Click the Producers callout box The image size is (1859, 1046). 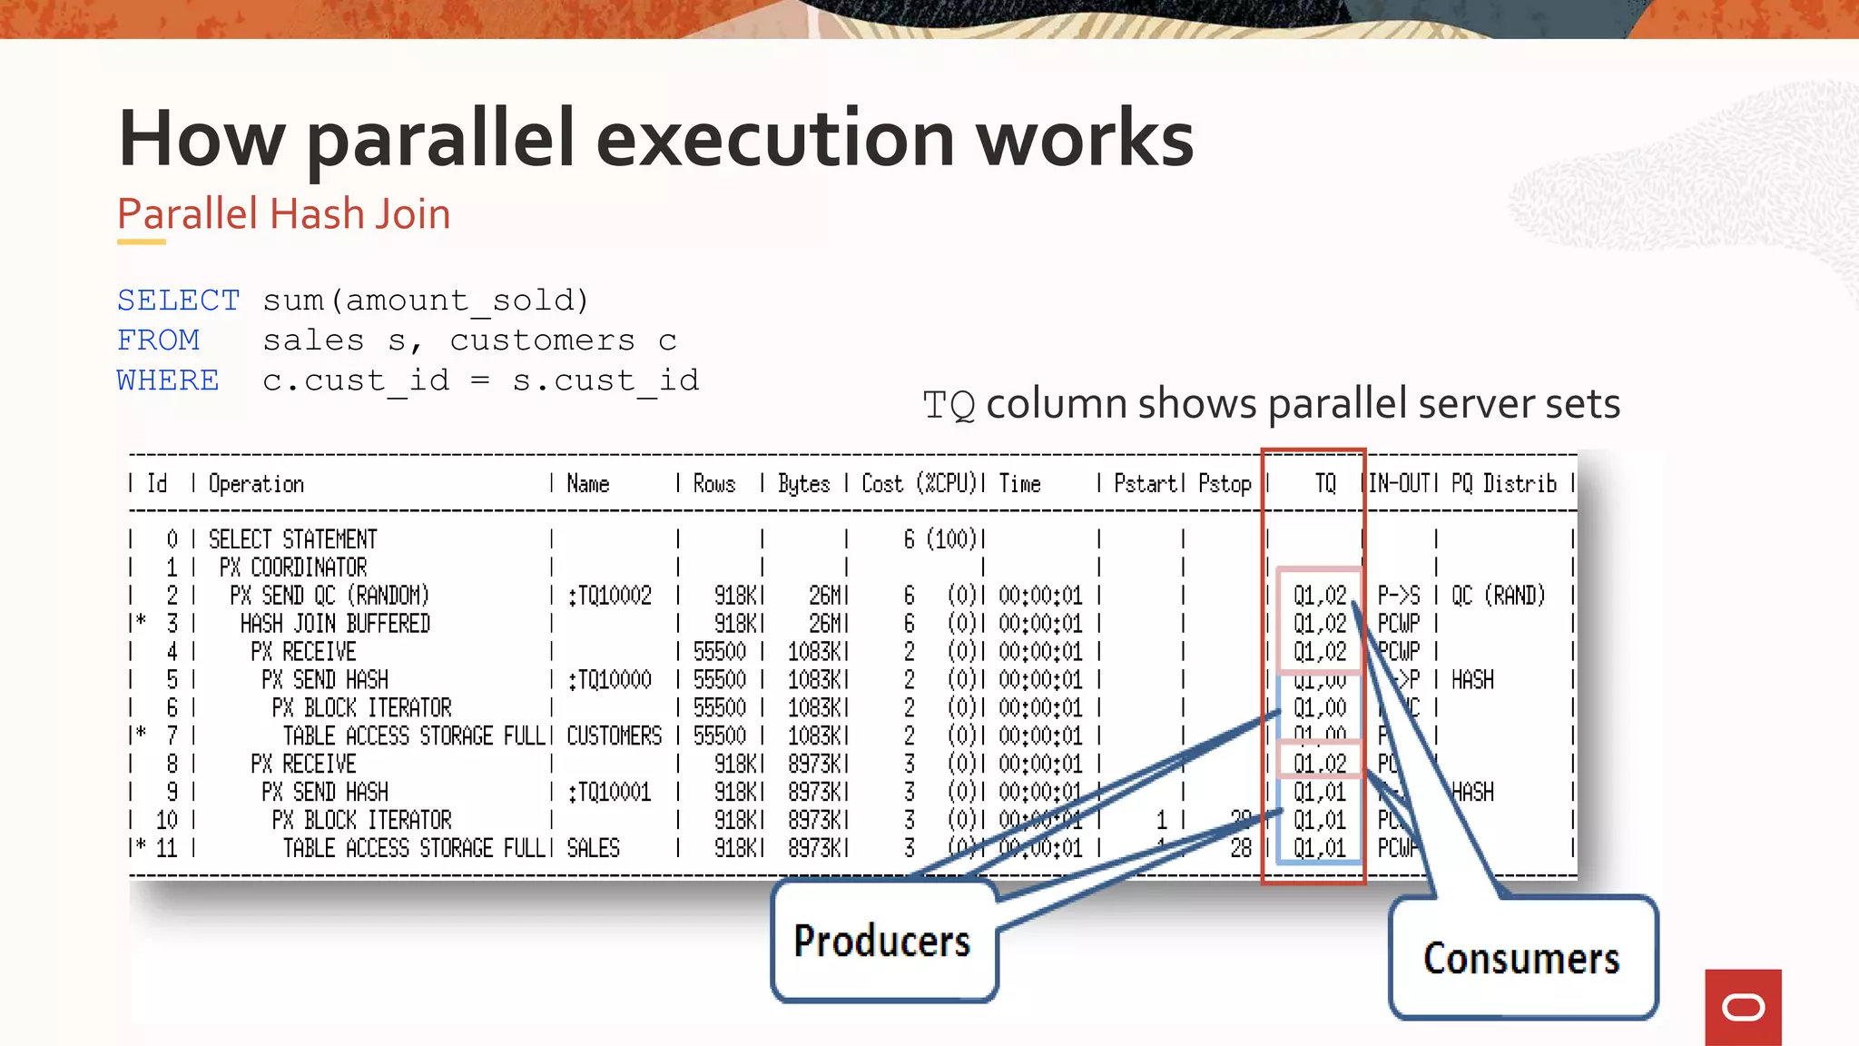(883, 941)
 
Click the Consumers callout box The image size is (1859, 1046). (1521, 958)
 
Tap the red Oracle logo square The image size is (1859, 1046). (1743, 1007)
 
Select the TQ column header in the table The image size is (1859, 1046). (1325, 484)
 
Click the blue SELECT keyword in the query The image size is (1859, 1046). (179, 301)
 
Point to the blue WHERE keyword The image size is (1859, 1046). (168, 380)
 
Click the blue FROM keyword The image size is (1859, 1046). (159, 340)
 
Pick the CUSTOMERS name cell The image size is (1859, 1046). (615, 735)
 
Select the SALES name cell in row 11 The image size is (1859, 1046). (593, 848)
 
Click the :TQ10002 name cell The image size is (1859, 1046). (610, 596)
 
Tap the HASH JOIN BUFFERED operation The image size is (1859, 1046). (335, 624)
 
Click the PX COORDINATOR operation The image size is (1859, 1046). (293, 567)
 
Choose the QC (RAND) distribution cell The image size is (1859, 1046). (1498, 596)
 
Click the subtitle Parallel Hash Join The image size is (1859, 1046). (283, 214)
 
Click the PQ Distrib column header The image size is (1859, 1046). (1503, 484)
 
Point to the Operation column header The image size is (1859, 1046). (256, 484)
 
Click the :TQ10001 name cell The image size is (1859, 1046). (610, 792)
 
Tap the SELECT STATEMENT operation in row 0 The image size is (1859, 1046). (292, 539)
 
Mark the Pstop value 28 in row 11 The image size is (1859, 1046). (1241, 848)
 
